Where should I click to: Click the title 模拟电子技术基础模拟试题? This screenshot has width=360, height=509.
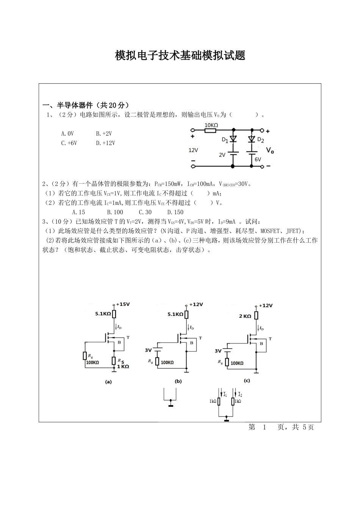[180, 56]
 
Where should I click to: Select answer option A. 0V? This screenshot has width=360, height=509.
[67, 134]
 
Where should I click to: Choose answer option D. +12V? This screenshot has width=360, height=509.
[105, 143]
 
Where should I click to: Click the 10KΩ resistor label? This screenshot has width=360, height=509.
[211, 125]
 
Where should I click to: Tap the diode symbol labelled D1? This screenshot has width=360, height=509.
[233, 139]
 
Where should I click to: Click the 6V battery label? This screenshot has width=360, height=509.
[258, 159]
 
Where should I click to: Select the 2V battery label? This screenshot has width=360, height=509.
[222, 155]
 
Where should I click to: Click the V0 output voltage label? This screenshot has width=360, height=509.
[270, 150]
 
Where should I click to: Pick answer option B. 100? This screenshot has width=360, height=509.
[115, 212]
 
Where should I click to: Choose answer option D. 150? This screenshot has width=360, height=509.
[175, 212]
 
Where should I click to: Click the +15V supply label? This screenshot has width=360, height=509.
[123, 304]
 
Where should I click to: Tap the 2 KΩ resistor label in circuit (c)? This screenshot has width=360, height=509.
[245, 316]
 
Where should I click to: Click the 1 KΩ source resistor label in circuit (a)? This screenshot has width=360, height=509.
[123, 367]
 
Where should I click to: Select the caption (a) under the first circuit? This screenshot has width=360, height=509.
[108, 382]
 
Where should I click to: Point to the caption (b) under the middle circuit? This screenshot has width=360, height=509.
[178, 381]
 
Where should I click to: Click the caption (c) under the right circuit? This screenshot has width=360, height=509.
[247, 381]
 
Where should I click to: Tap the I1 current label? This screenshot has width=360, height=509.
[225, 395]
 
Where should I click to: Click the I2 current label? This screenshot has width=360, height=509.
[240, 395]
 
